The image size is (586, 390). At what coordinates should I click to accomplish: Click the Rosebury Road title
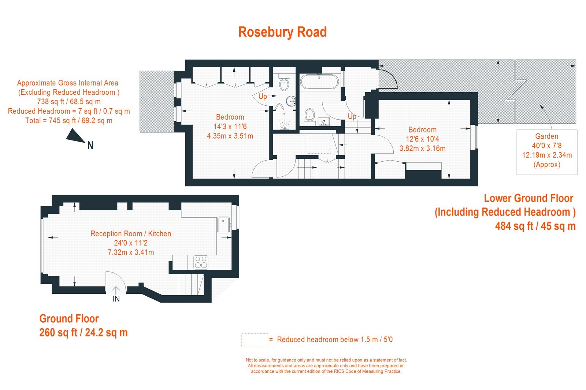tap(282, 32)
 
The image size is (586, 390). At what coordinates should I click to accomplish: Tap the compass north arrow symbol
tap(75, 136)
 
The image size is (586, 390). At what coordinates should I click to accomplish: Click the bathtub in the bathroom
tap(319, 82)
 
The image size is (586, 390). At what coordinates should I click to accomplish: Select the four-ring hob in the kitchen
tap(201, 262)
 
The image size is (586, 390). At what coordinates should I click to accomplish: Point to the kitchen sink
tap(223, 225)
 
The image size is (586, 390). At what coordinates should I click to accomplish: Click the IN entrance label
tap(116, 299)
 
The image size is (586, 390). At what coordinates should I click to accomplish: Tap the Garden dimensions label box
tap(547, 152)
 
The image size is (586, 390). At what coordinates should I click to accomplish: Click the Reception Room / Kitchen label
tap(131, 233)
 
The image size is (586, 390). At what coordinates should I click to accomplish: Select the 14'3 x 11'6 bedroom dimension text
tap(230, 127)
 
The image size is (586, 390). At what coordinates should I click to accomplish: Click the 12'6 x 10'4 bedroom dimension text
tap(422, 139)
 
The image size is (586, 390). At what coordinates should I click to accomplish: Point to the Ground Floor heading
tap(69, 319)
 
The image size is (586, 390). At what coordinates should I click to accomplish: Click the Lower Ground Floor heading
tap(528, 198)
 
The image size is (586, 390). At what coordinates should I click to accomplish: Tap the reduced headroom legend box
tap(255, 340)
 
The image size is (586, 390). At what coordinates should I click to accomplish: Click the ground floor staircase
tap(191, 284)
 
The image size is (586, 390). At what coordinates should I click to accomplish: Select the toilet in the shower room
tap(284, 82)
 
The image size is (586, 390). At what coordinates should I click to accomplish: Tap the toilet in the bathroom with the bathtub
tap(310, 117)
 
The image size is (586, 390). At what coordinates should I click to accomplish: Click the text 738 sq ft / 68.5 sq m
tap(69, 102)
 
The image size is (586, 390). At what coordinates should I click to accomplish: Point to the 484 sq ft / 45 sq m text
tap(535, 226)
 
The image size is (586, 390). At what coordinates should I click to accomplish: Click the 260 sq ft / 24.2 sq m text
tap(84, 333)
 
